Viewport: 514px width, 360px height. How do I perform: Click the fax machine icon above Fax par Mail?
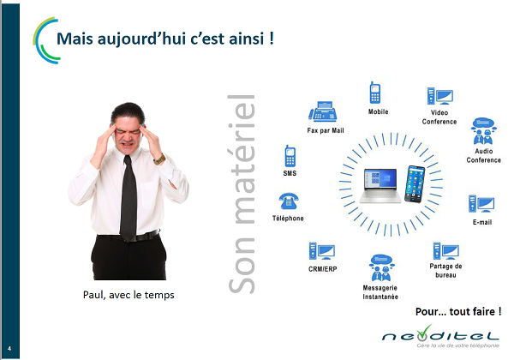pos(323,111)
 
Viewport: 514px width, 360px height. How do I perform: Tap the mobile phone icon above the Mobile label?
pos(375,93)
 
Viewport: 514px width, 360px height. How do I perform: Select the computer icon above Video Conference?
pos(440,96)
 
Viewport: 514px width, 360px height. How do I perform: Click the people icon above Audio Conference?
pos(484,131)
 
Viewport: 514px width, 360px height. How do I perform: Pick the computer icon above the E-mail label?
pos(481,204)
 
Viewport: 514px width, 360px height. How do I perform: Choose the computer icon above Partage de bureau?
pos(445,251)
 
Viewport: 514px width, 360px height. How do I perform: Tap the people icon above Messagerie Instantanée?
pos(381,268)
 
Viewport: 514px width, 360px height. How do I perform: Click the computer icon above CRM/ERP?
pos(321,251)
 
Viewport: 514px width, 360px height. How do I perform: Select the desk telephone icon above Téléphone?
pos(289,201)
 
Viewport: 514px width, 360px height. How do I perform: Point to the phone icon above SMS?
pos(290,156)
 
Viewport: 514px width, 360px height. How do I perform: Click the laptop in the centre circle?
pos(380,186)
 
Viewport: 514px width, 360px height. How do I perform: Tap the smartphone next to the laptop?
pos(415,184)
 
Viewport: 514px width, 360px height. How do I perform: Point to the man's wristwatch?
pos(159,159)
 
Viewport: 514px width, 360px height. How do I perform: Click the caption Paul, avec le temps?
pos(128,295)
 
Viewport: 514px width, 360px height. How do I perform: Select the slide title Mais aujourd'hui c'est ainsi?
pos(165,39)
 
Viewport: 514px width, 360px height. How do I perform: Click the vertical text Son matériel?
pos(242,194)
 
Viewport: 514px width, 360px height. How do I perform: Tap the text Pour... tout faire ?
pos(458,311)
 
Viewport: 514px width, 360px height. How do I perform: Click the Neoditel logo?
pos(440,336)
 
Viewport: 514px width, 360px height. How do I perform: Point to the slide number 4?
pos(9,349)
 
